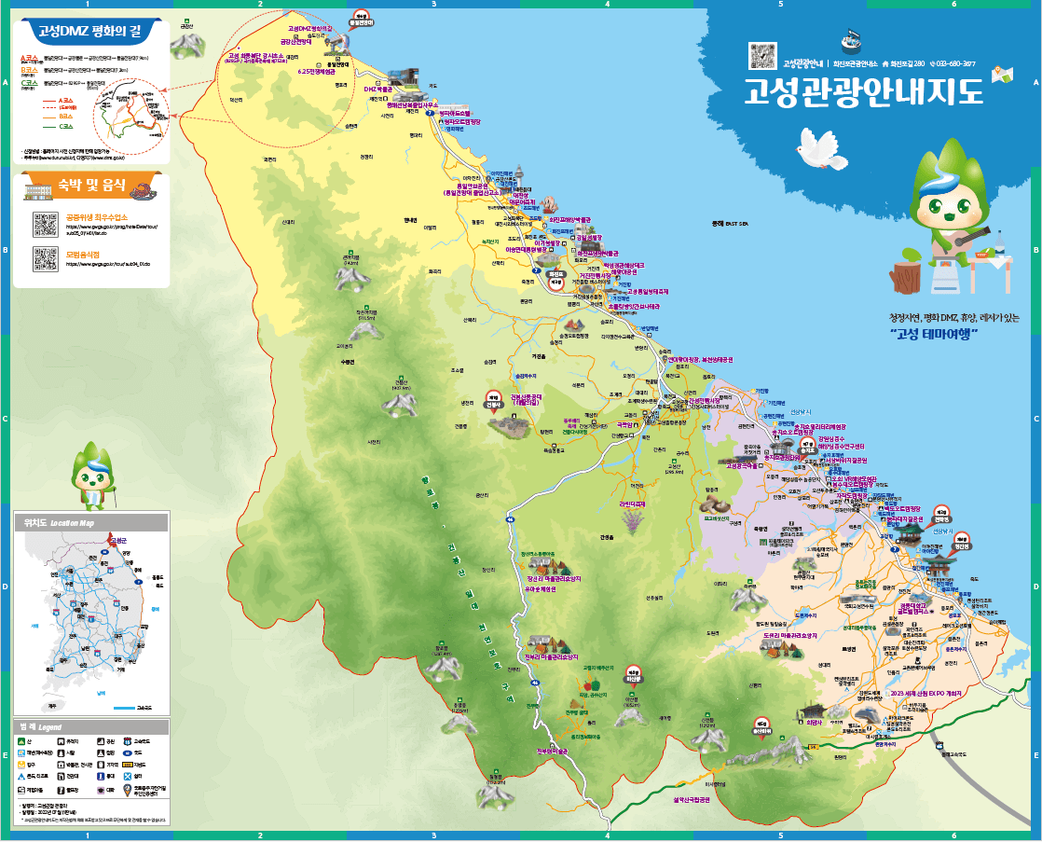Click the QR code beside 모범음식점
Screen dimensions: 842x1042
[45, 258]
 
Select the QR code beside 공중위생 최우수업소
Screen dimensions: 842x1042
[45, 223]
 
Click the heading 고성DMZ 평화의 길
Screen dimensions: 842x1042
[88, 30]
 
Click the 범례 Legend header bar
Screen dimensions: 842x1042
[91, 726]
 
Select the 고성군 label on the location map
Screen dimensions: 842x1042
[117, 540]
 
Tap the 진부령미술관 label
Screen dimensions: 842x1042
[551, 751]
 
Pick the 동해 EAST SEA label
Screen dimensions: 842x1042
[730, 224]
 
